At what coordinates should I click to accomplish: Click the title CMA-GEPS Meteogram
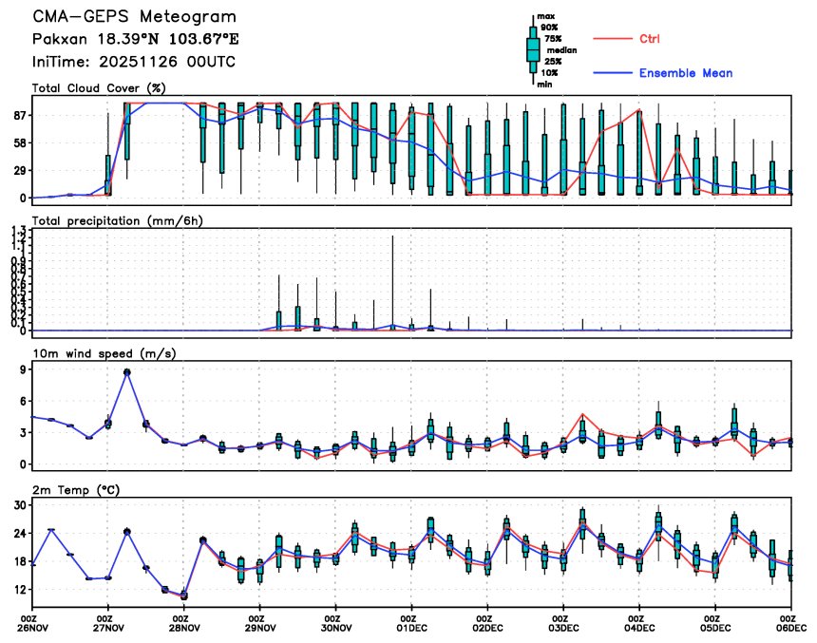(134, 17)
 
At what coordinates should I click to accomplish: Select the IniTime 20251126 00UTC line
(134, 62)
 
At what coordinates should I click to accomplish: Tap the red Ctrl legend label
(650, 39)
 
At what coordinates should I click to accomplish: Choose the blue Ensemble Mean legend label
(685, 73)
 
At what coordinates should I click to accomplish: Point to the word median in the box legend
(560, 50)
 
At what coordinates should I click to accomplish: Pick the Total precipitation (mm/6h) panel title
(119, 220)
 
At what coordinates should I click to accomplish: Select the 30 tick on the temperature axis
(19, 505)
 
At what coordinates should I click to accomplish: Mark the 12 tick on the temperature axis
(19, 589)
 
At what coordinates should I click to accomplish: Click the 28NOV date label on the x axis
(184, 628)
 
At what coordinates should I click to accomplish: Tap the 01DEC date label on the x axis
(411, 628)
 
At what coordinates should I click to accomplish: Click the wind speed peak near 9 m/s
(127, 372)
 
